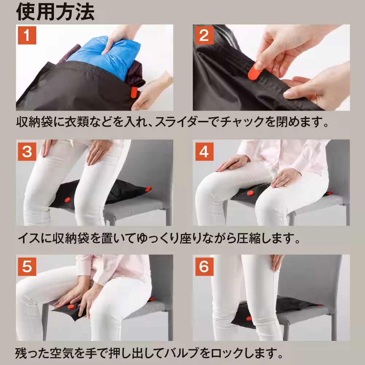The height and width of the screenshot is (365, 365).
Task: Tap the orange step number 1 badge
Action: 27,35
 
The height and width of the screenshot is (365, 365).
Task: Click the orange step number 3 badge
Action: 27,151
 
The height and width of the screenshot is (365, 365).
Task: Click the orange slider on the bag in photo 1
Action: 134,92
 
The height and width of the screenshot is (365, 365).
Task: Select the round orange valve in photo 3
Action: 67,200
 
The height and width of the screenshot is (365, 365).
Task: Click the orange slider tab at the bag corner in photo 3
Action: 148,189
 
